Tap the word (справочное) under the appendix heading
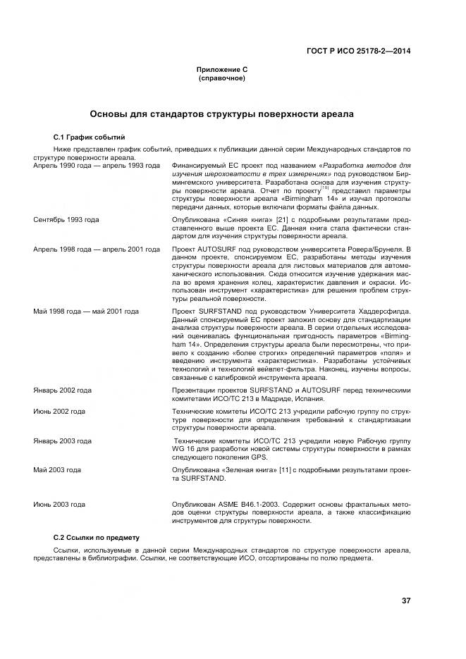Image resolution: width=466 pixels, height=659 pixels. (222, 78)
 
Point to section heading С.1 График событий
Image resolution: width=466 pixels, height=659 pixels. (90, 136)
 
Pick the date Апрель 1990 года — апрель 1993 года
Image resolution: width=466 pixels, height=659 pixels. (97, 164)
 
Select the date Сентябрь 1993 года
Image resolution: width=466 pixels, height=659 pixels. (66, 220)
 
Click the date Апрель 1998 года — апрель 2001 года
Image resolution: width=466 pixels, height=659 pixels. (97, 250)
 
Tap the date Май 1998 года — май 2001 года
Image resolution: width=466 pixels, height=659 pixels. (86, 311)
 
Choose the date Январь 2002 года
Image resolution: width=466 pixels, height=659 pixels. (63, 390)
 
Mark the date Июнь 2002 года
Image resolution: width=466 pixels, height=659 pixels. (59, 411)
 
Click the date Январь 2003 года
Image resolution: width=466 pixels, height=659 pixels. (63, 441)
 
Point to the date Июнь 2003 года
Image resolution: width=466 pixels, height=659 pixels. (59, 505)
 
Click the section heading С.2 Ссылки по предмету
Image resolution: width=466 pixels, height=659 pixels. (97, 537)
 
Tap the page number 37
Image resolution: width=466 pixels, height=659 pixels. (406, 601)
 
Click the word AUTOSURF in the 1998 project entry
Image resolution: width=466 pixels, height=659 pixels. (217, 250)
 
